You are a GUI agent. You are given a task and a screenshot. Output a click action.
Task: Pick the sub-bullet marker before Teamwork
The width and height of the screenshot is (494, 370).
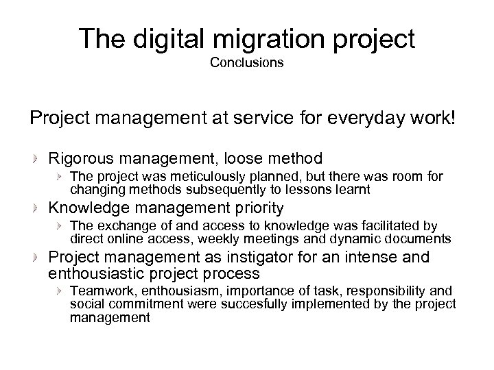(60, 291)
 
